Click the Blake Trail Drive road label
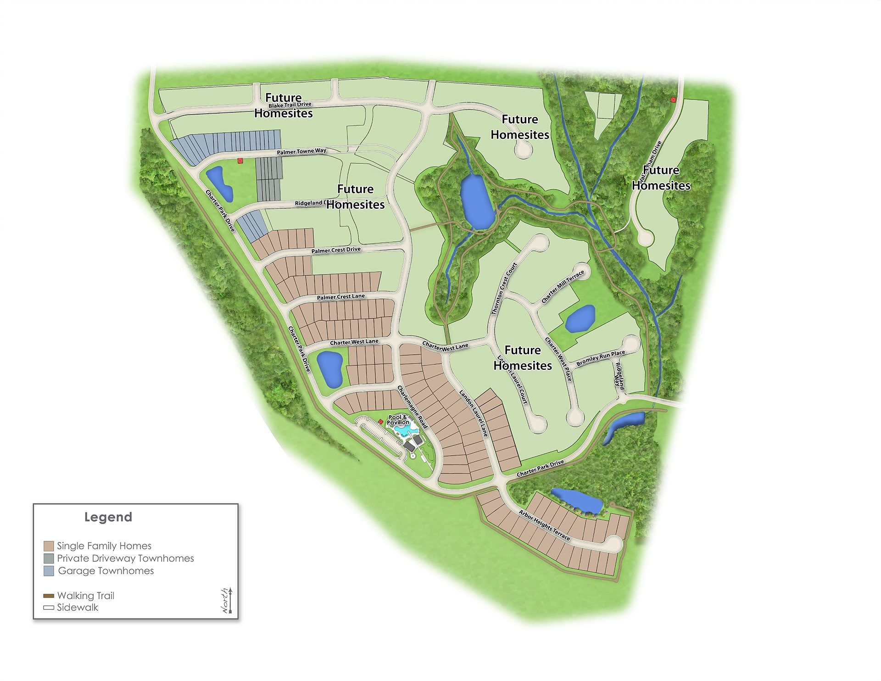click(290, 105)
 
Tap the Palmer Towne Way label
click(301, 151)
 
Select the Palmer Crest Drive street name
click(336, 250)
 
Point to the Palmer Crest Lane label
click(340, 297)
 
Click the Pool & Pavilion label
click(398, 419)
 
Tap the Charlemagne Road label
click(412, 407)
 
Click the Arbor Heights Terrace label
click(544, 525)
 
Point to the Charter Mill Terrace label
click(563, 286)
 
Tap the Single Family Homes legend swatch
click(49, 546)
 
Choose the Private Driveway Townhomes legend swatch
click(49, 558)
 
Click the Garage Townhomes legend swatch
click(49, 571)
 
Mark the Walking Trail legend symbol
click(49, 596)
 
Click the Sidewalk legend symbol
click(49, 608)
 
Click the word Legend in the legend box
click(108, 517)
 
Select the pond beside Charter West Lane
click(329, 368)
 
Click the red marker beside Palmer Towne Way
click(240, 161)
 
